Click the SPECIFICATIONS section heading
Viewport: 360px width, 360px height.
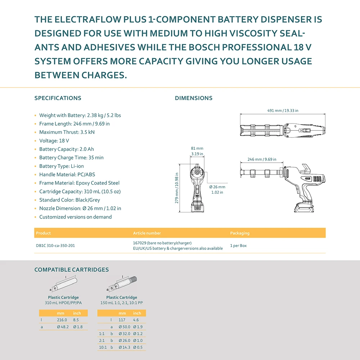(x=58, y=98)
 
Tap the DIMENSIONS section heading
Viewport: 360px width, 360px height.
(x=194, y=98)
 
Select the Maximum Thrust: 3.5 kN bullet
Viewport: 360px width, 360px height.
(x=67, y=132)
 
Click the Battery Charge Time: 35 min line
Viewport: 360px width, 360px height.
(x=71, y=157)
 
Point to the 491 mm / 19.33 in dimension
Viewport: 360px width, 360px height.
(x=283, y=111)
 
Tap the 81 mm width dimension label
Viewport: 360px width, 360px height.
(x=197, y=148)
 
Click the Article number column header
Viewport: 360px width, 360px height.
(x=147, y=233)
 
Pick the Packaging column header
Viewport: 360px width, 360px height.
(x=240, y=233)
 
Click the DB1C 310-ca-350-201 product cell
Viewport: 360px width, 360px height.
(x=55, y=246)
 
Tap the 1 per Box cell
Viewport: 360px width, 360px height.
(x=238, y=246)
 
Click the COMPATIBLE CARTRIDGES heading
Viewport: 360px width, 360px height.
(x=71, y=270)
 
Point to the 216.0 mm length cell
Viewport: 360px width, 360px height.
(x=62, y=320)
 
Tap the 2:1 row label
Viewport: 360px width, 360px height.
(x=102, y=340)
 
